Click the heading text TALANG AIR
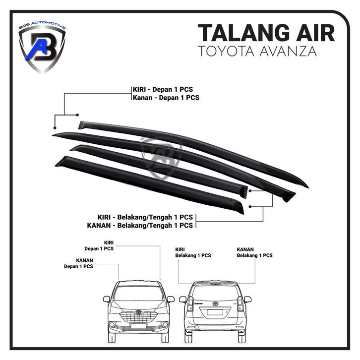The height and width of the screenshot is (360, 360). pos(266,33)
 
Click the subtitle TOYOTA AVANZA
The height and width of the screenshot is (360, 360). pos(266,51)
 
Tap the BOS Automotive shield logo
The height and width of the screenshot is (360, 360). pos(42,47)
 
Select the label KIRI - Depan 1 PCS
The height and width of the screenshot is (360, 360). pos(163,89)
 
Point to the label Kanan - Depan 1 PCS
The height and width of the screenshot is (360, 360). pos(166,98)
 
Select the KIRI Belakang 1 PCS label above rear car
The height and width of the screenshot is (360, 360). pos(193,252)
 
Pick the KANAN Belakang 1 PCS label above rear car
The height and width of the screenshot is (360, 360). pos(254,252)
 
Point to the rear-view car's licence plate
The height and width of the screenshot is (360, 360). pos(215,312)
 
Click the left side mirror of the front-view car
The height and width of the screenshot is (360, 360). pos(106,299)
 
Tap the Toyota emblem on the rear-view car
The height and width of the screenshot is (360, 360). pos(215,303)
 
